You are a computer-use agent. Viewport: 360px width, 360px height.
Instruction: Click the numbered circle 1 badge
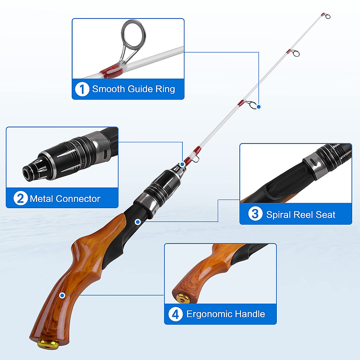pos(82,89)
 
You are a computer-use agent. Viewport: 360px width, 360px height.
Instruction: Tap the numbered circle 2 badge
pos(20,199)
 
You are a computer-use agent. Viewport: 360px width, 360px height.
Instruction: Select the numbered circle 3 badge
pos(255,214)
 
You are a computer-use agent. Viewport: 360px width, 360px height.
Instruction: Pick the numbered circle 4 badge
pos(175,314)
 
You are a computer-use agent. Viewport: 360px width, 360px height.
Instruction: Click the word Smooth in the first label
pos(108,89)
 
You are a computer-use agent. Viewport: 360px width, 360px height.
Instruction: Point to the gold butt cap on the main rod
pos(48,343)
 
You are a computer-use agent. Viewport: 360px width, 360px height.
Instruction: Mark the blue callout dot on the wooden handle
pos(62,295)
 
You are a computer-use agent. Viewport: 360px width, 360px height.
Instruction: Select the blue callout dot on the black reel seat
pos(138,222)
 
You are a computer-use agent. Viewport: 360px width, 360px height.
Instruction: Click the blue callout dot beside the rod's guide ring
pos(259,106)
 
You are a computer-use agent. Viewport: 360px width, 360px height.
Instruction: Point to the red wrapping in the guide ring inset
pos(111,70)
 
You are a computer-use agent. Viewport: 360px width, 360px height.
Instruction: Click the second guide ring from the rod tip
pos(296,53)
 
